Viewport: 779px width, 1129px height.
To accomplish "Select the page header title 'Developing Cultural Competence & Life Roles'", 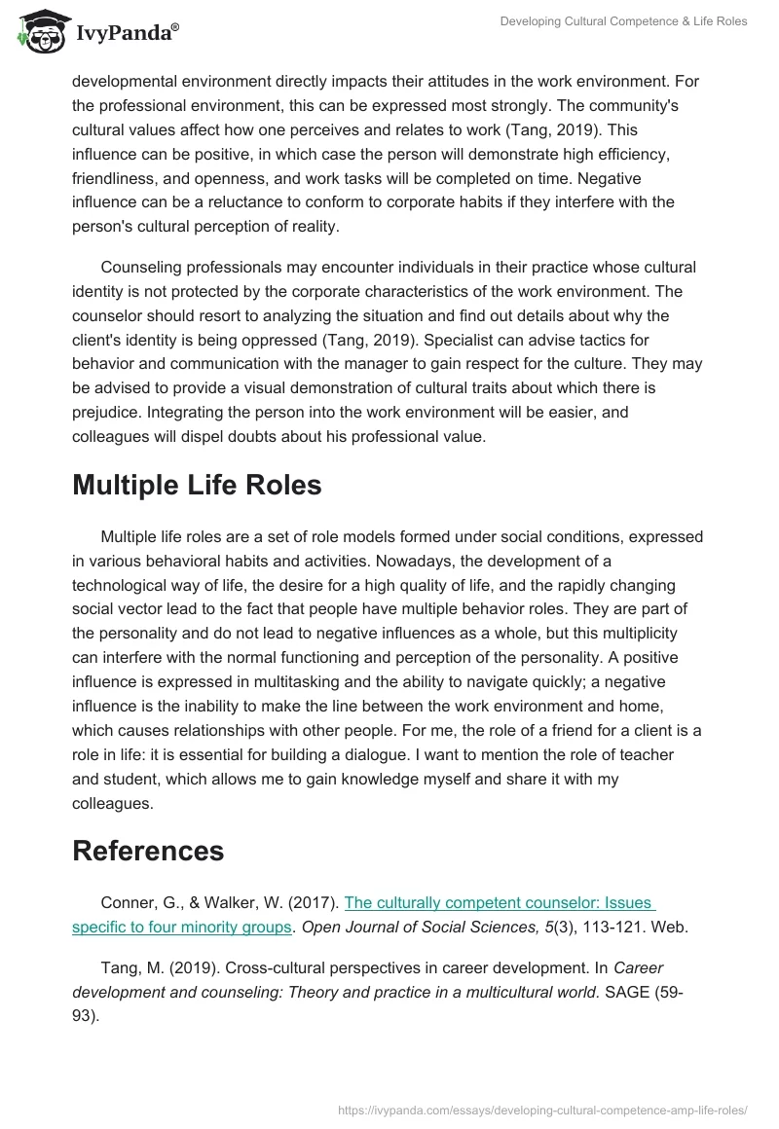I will pos(623,21).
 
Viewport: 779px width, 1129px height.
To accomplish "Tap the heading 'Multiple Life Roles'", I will pos(197,485).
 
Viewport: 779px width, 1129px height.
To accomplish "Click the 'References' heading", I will pos(148,850).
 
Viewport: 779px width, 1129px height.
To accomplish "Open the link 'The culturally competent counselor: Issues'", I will pos(500,902).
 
